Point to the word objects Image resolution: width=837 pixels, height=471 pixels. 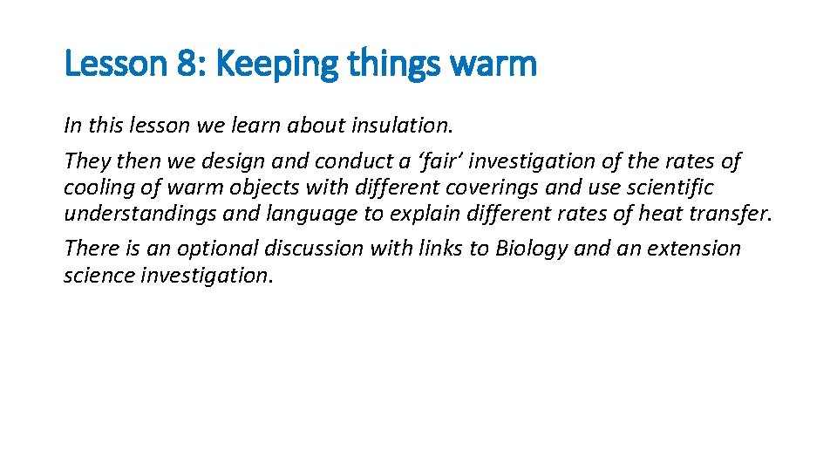pos(261,188)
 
